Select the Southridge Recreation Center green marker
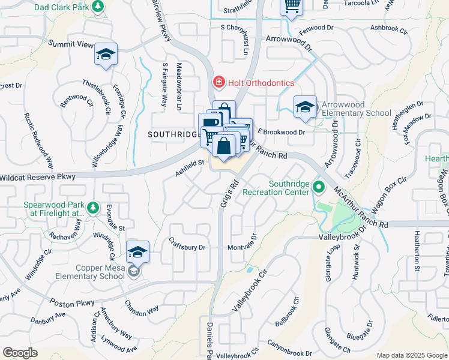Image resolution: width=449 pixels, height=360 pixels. [320, 188]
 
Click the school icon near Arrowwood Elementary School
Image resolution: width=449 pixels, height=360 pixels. [305, 107]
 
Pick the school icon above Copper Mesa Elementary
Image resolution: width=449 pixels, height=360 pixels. [137, 252]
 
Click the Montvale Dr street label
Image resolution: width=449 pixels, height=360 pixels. [242, 247]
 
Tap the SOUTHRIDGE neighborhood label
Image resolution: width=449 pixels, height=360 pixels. [173, 134]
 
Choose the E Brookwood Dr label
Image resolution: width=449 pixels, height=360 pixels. [282, 131]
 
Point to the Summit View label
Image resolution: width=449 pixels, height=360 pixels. [71, 44]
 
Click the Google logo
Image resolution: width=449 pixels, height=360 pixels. [20, 353]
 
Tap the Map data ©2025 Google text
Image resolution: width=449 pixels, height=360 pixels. [411, 355]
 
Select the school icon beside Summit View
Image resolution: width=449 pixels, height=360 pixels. [106, 55]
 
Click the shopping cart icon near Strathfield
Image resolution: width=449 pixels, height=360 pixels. [292, 6]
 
